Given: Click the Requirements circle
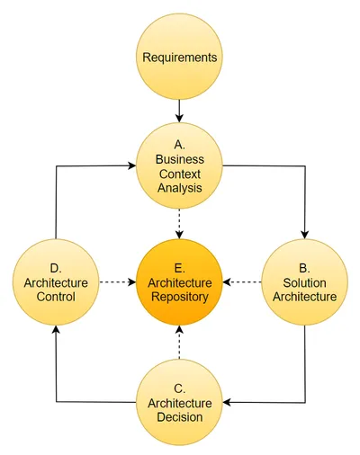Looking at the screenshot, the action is [x=179, y=57].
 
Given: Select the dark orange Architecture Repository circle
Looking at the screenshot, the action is [x=179, y=282].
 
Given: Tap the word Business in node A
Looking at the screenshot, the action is [x=180, y=159].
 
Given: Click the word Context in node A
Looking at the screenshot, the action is [x=180, y=174].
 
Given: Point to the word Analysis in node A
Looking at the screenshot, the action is [x=180, y=188].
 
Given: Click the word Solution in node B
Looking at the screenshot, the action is [x=304, y=282].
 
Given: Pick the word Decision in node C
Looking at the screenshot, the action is [x=180, y=417].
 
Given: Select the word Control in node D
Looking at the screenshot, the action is [x=56, y=297].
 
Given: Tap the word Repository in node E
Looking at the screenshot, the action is [x=180, y=297].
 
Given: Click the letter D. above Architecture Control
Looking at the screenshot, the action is [x=56, y=268].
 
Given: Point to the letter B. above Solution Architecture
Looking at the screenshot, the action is [x=304, y=268].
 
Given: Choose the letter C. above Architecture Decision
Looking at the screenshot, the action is [x=180, y=388].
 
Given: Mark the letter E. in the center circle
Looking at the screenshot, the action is [x=180, y=268].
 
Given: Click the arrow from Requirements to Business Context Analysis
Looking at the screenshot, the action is [x=179, y=111].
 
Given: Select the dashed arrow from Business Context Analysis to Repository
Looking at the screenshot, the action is [x=179, y=224].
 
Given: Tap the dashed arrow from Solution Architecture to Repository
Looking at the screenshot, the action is [x=242, y=282].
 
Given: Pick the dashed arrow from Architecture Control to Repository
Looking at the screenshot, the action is [x=118, y=282].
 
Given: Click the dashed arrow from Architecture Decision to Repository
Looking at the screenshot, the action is [x=179, y=343].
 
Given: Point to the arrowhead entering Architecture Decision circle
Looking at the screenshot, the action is [x=227, y=402].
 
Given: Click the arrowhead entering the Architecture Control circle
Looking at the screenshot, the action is [x=56, y=329].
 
